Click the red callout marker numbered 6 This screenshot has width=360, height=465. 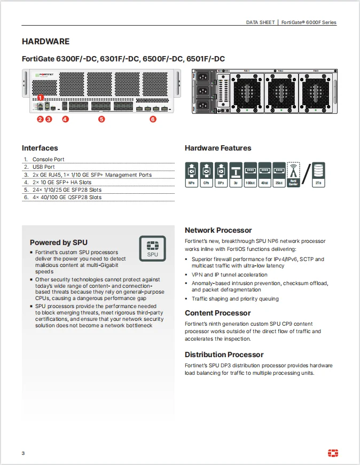[x=153, y=119]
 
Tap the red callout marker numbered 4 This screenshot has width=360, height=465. [x=65, y=119]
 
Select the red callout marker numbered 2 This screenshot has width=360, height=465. [x=40, y=119]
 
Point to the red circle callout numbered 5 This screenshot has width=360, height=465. [x=101, y=119]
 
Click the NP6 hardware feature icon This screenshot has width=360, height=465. [x=191, y=175]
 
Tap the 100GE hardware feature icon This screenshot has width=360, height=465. [x=250, y=175]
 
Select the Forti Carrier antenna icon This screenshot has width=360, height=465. [x=293, y=175]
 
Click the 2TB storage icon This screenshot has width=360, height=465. [x=318, y=175]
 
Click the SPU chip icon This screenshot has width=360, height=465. [x=153, y=249]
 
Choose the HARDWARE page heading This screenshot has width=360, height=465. [x=45, y=42]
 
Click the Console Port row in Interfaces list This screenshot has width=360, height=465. [x=48, y=160]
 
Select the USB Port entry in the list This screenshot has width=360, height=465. [x=44, y=167]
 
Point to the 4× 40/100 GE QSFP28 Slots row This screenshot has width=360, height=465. [x=67, y=198]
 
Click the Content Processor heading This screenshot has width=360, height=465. [x=217, y=313]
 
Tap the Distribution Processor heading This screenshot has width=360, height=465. [x=224, y=354]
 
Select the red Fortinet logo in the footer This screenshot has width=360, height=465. [x=333, y=453]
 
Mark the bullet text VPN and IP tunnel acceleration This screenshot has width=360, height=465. [x=229, y=275]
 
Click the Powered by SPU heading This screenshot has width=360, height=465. [x=58, y=242]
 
